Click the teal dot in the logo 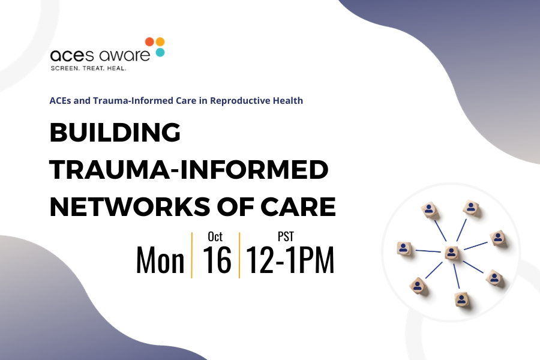(160, 52)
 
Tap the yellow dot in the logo (160, 41)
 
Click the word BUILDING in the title (115, 132)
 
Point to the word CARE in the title (298, 207)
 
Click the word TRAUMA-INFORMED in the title (189, 169)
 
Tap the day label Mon (160, 260)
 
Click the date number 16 (217, 259)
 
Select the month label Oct (215, 236)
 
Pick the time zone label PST (286, 236)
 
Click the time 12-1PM (290, 260)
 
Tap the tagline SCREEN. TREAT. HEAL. (89, 68)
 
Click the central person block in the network (451, 253)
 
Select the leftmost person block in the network (404, 248)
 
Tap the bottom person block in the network (461, 299)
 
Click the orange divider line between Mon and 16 (192, 255)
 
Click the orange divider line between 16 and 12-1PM (239, 255)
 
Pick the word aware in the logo (124, 55)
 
